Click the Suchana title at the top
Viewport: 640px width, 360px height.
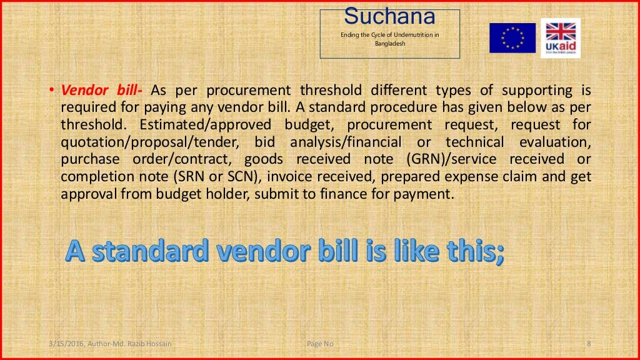(x=389, y=16)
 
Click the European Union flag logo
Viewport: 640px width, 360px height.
(x=512, y=37)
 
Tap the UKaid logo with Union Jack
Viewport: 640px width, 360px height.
(x=560, y=37)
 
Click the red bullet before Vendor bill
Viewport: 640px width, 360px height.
(x=52, y=91)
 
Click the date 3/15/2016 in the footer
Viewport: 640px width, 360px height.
(x=66, y=343)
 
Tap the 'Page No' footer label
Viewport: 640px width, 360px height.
(x=321, y=343)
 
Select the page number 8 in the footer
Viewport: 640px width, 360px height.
(x=589, y=343)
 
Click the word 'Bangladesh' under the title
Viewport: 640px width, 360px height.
(x=390, y=44)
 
